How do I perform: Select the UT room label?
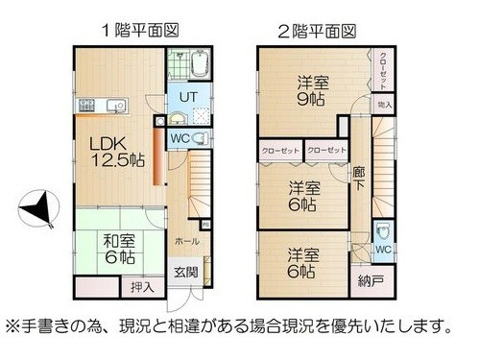click(187, 97)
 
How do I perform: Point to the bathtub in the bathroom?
click(197, 64)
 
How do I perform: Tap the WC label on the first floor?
click(180, 138)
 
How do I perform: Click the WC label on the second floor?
click(382, 251)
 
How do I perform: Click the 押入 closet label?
click(139, 286)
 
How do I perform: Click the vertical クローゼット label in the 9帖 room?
click(384, 67)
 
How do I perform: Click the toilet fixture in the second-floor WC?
click(382, 229)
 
